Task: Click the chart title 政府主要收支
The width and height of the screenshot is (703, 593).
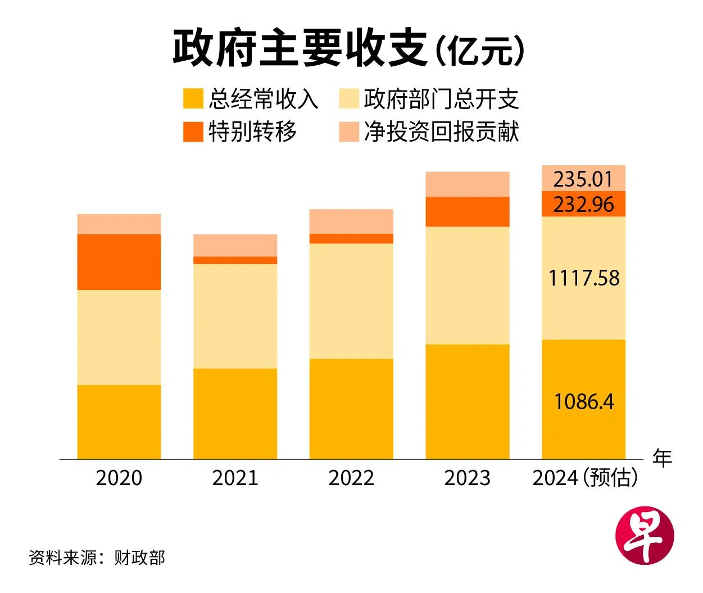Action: [x=300, y=48]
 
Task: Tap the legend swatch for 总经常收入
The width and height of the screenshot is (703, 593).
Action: [x=193, y=99]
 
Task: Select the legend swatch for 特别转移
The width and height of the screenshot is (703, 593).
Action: [x=193, y=132]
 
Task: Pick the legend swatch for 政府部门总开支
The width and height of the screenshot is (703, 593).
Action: [x=348, y=99]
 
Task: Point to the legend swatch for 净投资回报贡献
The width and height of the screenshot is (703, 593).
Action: [x=348, y=132]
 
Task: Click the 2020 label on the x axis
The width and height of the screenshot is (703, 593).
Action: [x=119, y=478]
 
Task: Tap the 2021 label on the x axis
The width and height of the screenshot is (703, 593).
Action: [x=235, y=478]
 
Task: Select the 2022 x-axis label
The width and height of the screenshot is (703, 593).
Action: [x=351, y=478]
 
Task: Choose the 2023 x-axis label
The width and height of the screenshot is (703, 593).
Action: [x=467, y=478]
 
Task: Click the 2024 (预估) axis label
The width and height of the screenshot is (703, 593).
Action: [x=584, y=478]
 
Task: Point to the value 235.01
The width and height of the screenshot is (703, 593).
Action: [x=583, y=179]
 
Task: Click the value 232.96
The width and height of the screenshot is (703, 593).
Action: [x=583, y=204]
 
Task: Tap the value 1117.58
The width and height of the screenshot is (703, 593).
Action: [x=584, y=278]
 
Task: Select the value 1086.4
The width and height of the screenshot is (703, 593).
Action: [x=584, y=402]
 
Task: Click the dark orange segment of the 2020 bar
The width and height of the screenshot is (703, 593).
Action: [x=119, y=262]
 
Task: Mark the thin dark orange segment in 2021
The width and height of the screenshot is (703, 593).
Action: [x=235, y=260]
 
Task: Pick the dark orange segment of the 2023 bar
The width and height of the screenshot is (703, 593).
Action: [x=467, y=211]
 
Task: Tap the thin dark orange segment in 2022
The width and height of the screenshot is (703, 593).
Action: [x=351, y=238]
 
